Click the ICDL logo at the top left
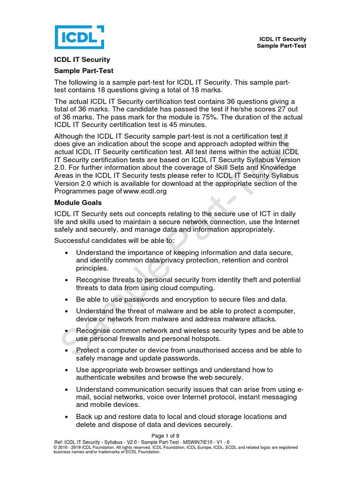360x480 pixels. coord(79,37)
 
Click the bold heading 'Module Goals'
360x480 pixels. coord(78,202)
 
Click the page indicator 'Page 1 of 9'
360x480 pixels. coord(180,436)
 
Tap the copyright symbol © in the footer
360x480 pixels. coord(56,447)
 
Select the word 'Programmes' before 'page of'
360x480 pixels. coord(76,191)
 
